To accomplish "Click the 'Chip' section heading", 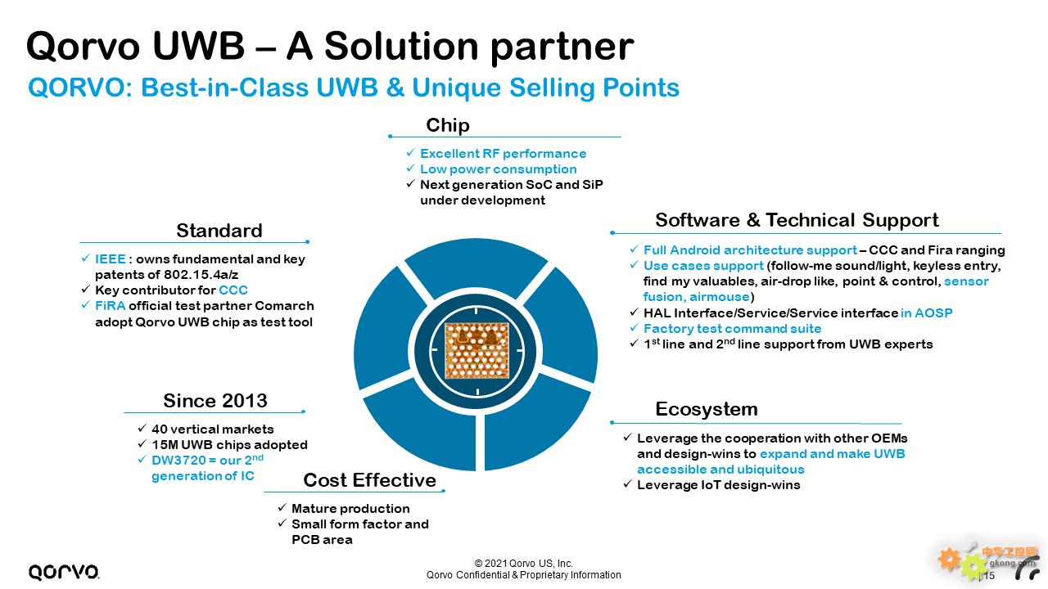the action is (x=448, y=125).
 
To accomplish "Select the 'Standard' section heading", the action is (x=219, y=231).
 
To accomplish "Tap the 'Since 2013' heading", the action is (x=215, y=401).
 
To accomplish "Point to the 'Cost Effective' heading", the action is (x=369, y=480).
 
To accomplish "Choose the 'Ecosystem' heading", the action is (x=707, y=409).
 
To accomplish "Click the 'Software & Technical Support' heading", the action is (x=797, y=220).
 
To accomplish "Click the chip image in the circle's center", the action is (x=477, y=350).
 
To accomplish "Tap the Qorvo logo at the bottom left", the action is (x=64, y=572).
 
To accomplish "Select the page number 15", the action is (x=989, y=576).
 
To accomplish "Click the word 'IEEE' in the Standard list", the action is (x=110, y=259).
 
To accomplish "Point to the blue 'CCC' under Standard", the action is (x=233, y=290).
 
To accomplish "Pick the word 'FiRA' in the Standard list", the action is (x=110, y=306).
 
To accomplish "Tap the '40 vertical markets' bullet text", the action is (x=212, y=429).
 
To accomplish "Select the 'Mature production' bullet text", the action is (x=350, y=509).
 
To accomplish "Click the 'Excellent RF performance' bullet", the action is (x=503, y=154).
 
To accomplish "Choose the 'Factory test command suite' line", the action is (x=732, y=329).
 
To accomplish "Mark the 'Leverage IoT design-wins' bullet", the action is (x=719, y=485).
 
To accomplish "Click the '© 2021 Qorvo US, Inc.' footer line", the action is (x=523, y=564).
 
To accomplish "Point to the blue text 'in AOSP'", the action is (x=926, y=312).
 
